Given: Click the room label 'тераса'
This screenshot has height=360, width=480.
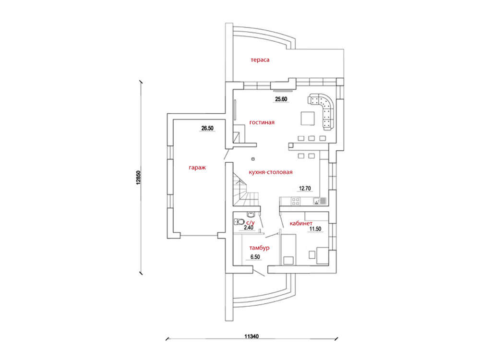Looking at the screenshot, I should tap(260, 60).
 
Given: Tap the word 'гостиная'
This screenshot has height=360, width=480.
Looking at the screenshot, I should tap(262, 122).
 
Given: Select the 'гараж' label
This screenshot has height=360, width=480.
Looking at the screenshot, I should tap(197, 168).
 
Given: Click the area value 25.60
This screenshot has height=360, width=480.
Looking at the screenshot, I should tap(281, 99).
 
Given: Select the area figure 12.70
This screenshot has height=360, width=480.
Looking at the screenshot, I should tap(306, 189).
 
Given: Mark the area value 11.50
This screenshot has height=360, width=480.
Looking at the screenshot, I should tap(315, 229).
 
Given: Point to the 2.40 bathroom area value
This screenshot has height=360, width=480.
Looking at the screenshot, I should tap(248, 228).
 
